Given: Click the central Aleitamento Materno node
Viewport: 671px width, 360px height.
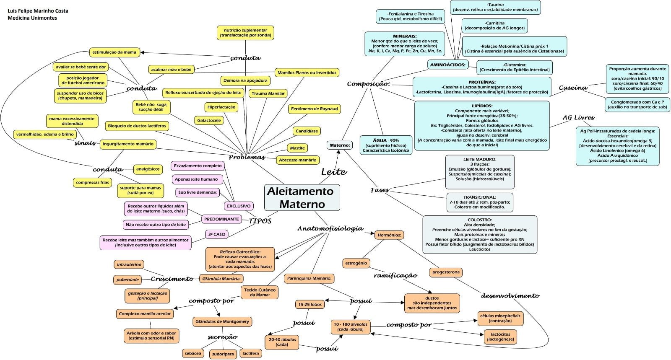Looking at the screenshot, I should point(302,197).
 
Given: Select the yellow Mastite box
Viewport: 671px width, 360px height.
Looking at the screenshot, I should point(297,148).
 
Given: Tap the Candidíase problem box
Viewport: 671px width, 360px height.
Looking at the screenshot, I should point(307,131).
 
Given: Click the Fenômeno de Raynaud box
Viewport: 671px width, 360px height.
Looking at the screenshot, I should point(314,109).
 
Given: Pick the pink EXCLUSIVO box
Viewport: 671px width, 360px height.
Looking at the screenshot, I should point(239,206).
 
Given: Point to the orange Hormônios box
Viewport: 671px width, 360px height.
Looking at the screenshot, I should point(389,235).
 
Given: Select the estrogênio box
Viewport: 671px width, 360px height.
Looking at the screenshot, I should point(356,263).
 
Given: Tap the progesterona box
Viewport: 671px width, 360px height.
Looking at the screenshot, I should point(446,272).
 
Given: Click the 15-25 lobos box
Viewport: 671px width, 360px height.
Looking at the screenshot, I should point(310,305).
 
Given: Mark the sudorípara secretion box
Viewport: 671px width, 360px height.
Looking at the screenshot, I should point(222,354).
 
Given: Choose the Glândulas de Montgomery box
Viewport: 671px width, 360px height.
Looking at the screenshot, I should point(222,322).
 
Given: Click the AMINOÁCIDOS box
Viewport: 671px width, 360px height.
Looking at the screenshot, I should point(448,65).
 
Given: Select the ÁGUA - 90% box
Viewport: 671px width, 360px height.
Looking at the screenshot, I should point(386,145).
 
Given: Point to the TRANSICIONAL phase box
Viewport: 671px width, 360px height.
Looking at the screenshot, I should point(479,202).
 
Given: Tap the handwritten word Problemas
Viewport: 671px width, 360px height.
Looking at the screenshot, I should point(247,157).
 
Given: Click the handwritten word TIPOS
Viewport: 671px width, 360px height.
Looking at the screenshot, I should point(260,221).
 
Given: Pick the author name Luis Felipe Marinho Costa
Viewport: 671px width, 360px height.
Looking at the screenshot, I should point(38,10).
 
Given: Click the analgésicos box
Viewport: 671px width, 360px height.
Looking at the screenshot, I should point(148,169).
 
